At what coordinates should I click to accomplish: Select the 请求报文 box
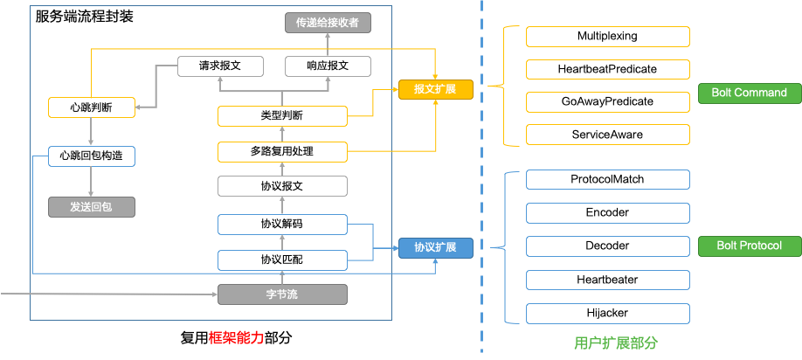pyautogui.click(x=220, y=66)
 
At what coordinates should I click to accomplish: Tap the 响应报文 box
pyautogui.click(x=328, y=66)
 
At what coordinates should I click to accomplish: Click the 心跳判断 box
pyautogui.click(x=91, y=107)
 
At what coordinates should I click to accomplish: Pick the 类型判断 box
pyautogui.click(x=282, y=115)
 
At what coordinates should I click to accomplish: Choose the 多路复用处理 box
pyautogui.click(x=282, y=152)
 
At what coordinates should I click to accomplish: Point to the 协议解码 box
pyautogui.click(x=282, y=224)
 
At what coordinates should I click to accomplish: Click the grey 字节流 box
pyautogui.click(x=282, y=294)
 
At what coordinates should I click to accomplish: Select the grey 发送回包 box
pyautogui.click(x=91, y=207)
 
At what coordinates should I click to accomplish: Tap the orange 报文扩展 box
pyautogui.click(x=435, y=89)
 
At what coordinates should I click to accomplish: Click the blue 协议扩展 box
pyautogui.click(x=435, y=247)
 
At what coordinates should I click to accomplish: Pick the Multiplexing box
pyautogui.click(x=607, y=37)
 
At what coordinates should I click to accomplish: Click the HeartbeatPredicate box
pyautogui.click(x=607, y=69)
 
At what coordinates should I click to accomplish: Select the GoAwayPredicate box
pyautogui.click(x=607, y=101)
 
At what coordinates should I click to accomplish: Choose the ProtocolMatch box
pyautogui.click(x=607, y=179)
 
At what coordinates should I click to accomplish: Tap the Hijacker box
pyautogui.click(x=607, y=313)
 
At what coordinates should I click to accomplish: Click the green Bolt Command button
pyautogui.click(x=748, y=93)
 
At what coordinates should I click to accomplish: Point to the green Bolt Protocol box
pyautogui.click(x=748, y=246)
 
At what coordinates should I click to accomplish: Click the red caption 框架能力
pyautogui.click(x=235, y=336)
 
